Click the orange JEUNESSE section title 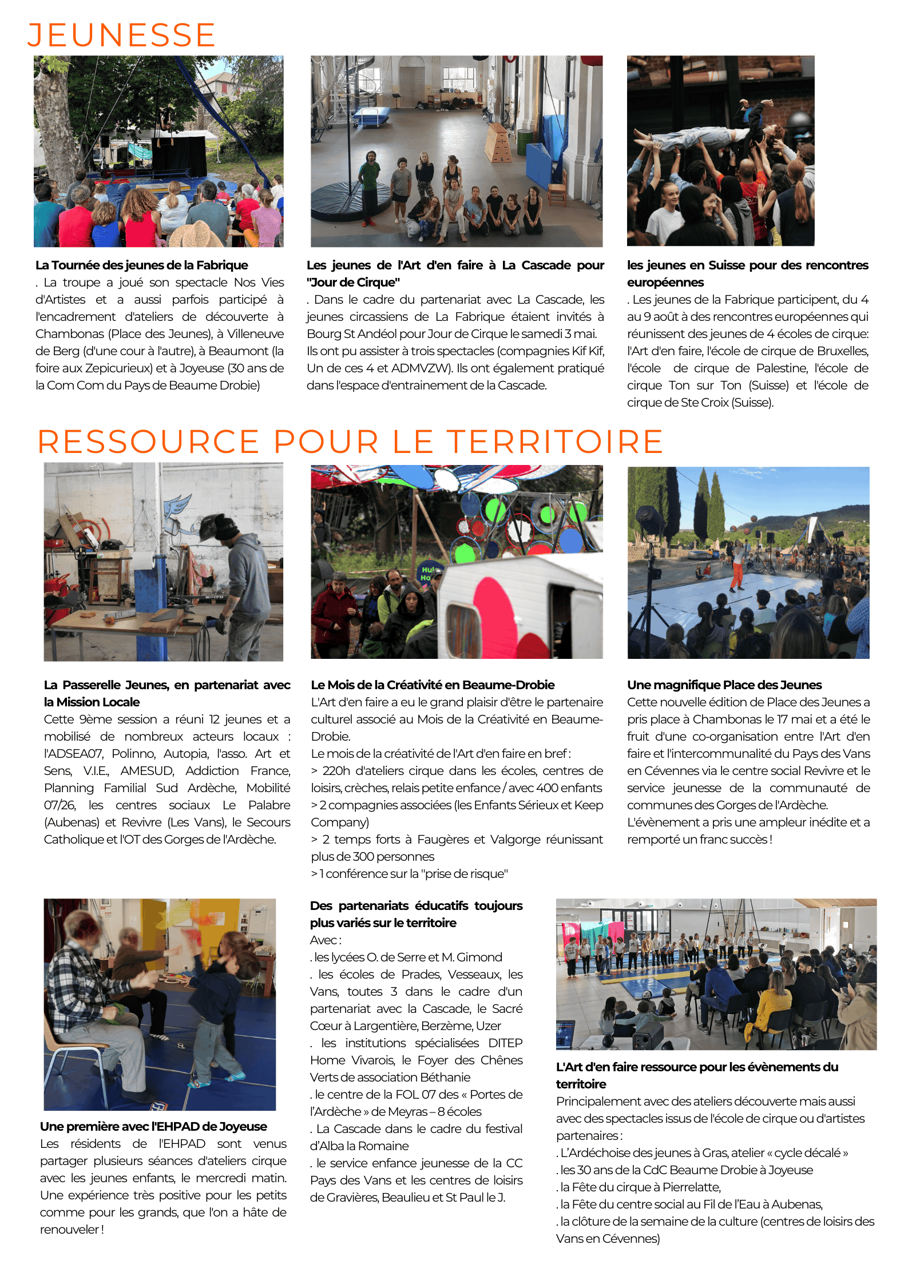coord(121,35)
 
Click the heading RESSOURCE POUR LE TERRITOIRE coord(350,442)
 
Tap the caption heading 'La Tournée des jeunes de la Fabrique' coord(141,265)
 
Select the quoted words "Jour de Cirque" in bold coord(353,283)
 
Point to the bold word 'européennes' coord(665,283)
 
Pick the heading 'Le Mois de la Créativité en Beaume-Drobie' coord(433,685)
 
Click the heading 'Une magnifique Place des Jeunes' coord(724,685)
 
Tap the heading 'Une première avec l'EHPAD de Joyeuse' coord(153,1127)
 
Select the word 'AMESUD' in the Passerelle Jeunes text coord(147,771)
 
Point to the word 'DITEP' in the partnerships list coord(505,1043)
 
